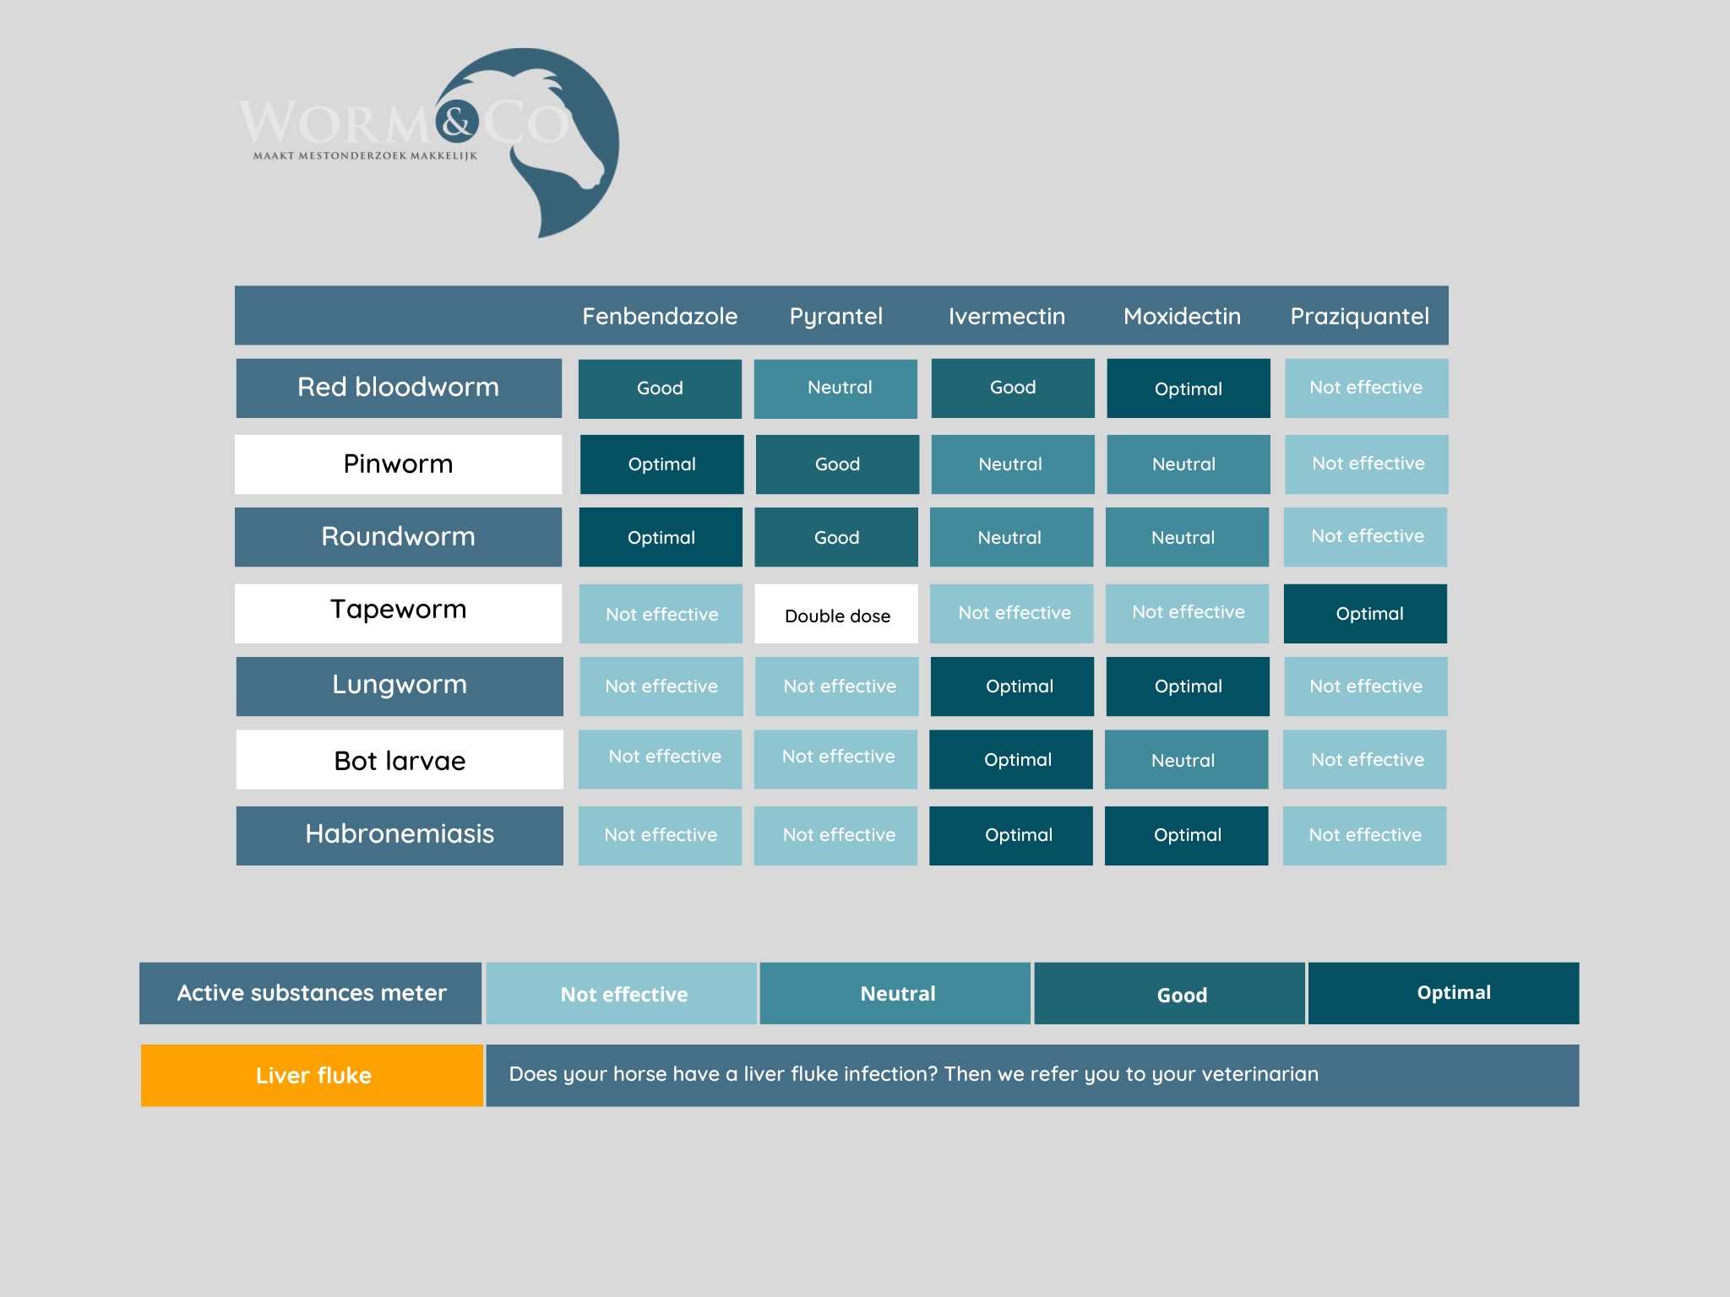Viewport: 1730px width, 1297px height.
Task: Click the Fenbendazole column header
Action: [x=660, y=316]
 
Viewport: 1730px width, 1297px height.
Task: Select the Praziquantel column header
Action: [x=1359, y=317]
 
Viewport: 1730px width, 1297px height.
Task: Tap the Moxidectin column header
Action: [x=1182, y=316]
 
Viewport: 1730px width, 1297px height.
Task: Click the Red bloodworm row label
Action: [x=399, y=388]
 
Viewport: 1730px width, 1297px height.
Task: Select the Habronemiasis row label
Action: [x=400, y=835]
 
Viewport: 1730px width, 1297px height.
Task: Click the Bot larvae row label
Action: [x=400, y=759]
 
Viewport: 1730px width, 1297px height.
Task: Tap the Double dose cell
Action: [x=836, y=614]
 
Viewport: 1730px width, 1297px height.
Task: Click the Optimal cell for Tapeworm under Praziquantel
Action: [x=1365, y=614]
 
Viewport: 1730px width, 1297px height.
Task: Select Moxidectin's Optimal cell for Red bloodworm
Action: [x=1189, y=388]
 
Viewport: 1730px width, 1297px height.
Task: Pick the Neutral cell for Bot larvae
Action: [x=1186, y=759]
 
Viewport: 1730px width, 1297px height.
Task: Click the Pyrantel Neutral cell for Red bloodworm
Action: [x=835, y=388]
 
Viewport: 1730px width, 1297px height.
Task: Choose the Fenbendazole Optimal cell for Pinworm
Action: [x=662, y=464]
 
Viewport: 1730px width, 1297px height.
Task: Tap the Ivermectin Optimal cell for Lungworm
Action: [x=1012, y=686]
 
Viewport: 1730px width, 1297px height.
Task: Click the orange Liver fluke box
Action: [x=312, y=1075]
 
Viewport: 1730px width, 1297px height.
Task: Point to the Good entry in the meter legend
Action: [x=1170, y=993]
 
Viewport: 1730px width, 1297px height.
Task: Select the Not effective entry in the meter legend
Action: [x=622, y=993]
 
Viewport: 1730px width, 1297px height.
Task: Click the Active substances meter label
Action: [x=311, y=993]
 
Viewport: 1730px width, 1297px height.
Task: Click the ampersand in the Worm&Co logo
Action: [x=457, y=123]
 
